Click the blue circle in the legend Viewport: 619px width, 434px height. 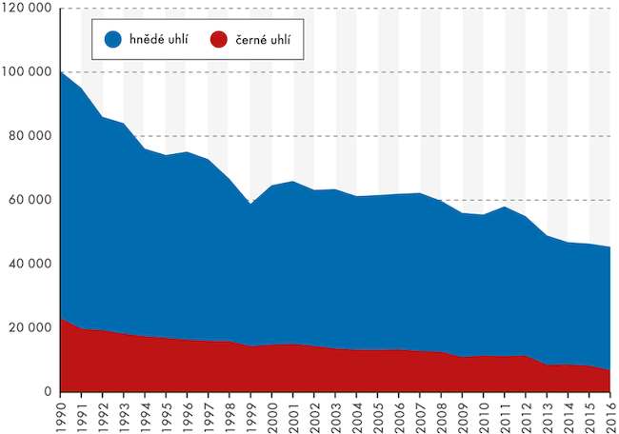click(112, 39)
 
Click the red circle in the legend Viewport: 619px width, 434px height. click(219, 39)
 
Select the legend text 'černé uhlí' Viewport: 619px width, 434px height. click(264, 39)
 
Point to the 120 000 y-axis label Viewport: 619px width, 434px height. click(29, 9)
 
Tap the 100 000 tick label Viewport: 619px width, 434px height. click(29, 72)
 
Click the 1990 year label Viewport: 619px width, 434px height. click(60, 414)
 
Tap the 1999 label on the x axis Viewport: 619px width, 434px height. click(250, 414)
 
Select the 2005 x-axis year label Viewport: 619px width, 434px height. click(377, 414)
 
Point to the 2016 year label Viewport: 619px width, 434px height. click(610, 414)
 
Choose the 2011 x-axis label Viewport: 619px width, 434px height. click(505, 414)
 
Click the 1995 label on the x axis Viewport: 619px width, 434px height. click(166, 414)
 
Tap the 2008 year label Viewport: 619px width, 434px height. click(441, 414)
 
